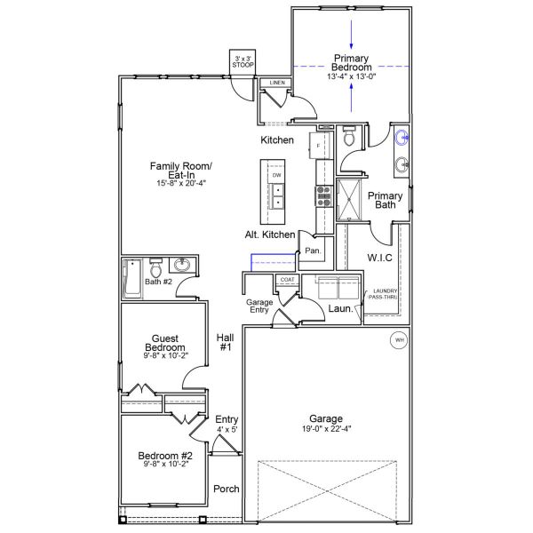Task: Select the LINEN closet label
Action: tap(277, 84)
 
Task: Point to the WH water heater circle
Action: tap(398, 339)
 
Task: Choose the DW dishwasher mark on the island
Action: tap(276, 176)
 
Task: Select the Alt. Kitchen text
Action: tap(270, 235)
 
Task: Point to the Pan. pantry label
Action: tap(312, 251)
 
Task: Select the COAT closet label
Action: tap(286, 280)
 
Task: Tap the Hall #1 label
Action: tap(225, 342)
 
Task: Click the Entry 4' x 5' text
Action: tap(227, 424)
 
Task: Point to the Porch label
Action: tap(226, 489)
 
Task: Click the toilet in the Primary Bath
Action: tap(349, 138)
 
